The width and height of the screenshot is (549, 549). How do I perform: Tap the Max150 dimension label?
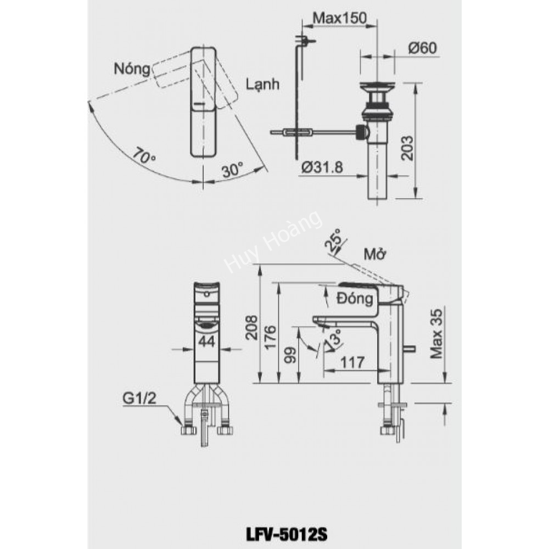pyautogui.click(x=339, y=18)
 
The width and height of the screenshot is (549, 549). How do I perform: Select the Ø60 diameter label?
pyautogui.click(x=423, y=48)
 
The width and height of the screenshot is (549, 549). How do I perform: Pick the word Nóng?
pyautogui.click(x=132, y=69)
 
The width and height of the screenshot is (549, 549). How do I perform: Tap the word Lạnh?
pyautogui.click(x=263, y=85)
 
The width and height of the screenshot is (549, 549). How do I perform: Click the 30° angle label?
pyautogui.click(x=233, y=170)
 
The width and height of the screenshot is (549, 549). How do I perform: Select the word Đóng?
pyautogui.click(x=355, y=299)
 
